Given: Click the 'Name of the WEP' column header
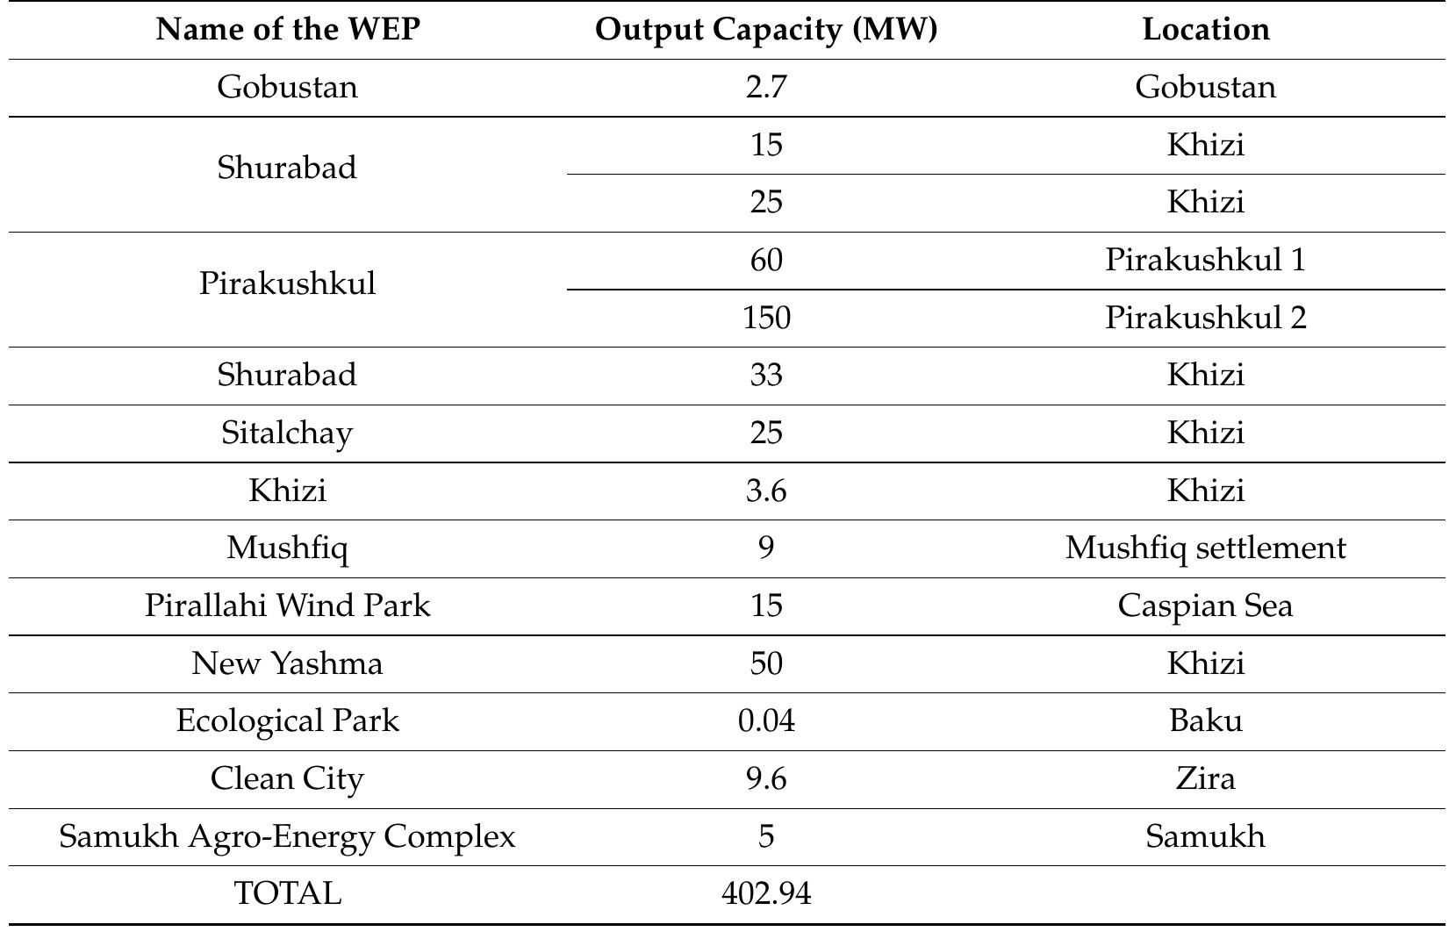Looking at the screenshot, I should [x=288, y=30].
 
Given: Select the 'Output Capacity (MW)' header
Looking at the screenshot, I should [x=766, y=30].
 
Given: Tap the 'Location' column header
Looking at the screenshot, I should [x=1205, y=30].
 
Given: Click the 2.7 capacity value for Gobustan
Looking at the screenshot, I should [x=766, y=87].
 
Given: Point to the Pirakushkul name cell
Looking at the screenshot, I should [x=288, y=283].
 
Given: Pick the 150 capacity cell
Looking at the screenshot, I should [x=766, y=317].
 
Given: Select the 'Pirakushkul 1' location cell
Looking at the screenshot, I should [x=1205, y=260].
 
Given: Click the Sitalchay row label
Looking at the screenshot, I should [x=288, y=433].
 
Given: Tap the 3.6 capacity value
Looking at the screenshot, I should [x=766, y=491].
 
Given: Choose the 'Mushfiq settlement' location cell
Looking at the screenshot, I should [x=1205, y=548].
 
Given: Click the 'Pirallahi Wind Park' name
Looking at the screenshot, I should [x=288, y=606].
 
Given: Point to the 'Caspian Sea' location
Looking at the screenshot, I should [x=1205, y=606].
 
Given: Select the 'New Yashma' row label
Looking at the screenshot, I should [x=288, y=663].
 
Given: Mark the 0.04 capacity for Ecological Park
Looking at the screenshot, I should [x=766, y=720].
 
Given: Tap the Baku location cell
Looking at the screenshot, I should [x=1205, y=720].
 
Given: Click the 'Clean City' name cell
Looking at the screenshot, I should [x=288, y=778].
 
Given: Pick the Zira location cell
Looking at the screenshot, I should [x=1205, y=778].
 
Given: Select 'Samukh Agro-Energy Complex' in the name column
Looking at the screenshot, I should [x=288, y=836].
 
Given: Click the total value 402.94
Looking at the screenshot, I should [x=766, y=893].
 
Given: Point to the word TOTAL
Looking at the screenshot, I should [x=288, y=893].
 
